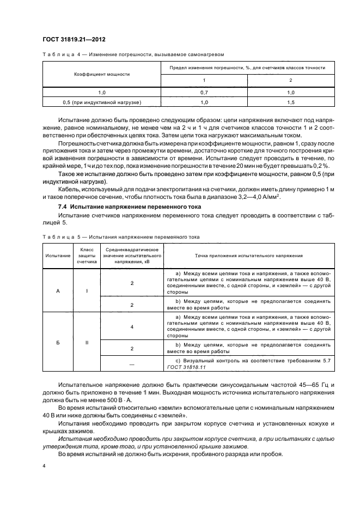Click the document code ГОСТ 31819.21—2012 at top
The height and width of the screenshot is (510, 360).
74,39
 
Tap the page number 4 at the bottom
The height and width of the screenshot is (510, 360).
43,465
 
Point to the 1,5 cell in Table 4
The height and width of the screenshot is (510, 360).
290,102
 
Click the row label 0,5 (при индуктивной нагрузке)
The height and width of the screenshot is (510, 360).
102,102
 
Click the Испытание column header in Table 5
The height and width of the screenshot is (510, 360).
58,255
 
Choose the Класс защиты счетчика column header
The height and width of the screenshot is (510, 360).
87,255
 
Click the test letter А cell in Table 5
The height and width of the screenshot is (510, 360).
58,290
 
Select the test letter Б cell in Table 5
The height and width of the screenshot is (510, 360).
58,344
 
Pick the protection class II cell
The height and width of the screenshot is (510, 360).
87,344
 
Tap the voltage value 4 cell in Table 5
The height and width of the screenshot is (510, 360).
132,326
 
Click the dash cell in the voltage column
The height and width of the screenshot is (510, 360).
132,363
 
